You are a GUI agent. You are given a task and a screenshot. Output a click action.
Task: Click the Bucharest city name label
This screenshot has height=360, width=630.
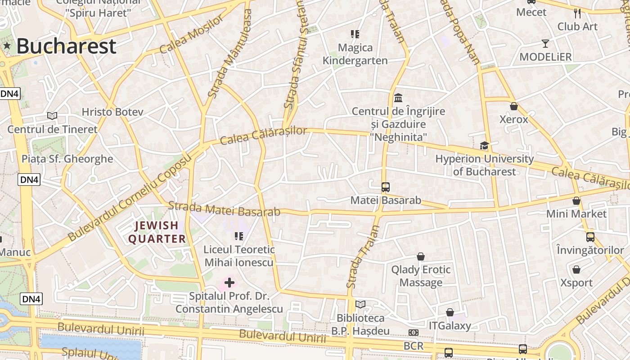coord(66,46)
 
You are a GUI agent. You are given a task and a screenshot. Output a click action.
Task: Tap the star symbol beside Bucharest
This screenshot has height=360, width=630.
coord(7,45)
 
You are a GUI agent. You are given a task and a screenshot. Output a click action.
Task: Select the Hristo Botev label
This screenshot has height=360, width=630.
coord(112,112)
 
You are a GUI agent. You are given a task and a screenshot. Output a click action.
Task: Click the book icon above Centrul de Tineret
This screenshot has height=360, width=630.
coord(52,116)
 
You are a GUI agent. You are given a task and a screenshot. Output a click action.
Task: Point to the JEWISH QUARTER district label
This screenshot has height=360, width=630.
coord(157,232)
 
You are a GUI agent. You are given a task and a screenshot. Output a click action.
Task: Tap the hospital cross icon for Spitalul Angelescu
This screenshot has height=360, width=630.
coord(229,283)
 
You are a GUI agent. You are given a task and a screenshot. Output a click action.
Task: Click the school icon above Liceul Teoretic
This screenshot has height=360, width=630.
coord(238,236)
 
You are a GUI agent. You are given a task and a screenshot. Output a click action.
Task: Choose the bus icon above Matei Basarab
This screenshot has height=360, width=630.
coord(385,187)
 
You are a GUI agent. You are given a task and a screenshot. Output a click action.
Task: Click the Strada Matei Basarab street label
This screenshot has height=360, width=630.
coord(224,209)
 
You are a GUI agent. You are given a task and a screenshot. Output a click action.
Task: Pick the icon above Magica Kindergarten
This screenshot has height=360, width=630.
coord(355,34)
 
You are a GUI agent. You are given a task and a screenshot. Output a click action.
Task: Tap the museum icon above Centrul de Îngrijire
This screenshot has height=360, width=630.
coord(398,98)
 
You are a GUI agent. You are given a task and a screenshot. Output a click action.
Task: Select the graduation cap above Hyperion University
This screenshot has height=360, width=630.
coord(484,145)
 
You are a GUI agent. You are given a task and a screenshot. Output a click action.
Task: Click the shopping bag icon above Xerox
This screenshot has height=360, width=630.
coord(513,106)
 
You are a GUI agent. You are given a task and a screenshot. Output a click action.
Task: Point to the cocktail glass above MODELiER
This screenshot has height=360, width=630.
coord(545,44)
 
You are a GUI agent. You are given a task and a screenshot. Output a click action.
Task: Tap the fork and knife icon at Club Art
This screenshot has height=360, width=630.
coord(577,13)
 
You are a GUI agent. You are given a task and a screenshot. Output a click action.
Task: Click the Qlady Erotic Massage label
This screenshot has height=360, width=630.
coord(421,276)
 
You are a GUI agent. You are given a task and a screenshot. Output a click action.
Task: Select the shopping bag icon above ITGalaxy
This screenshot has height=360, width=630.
coord(450,312)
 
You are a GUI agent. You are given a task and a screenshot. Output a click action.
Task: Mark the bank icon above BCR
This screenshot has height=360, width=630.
coord(413,333)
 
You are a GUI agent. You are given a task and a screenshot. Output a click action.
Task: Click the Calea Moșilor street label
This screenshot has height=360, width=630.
coord(191,35)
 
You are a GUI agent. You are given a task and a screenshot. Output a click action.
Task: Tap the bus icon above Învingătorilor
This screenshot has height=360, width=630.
coord(590,237)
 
